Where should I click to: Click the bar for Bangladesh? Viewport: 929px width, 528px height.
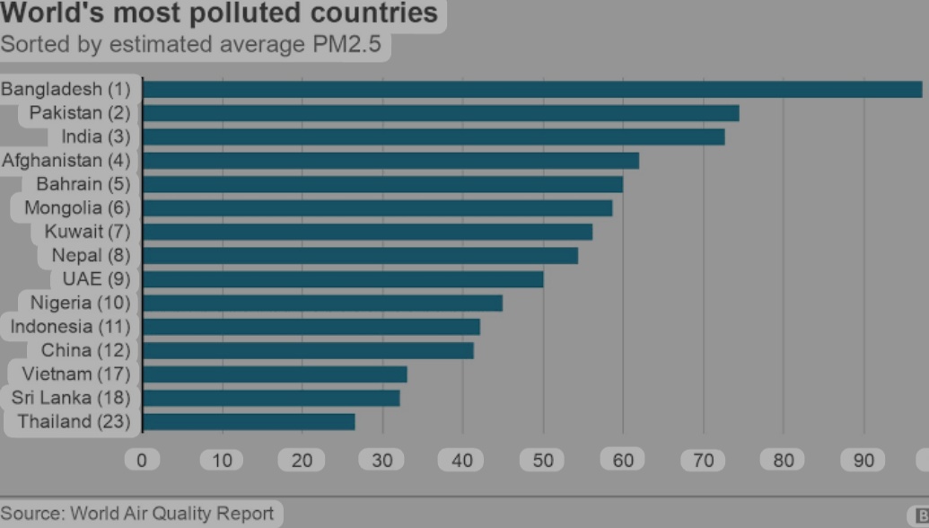(x=532, y=90)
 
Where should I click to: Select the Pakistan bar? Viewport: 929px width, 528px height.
(x=441, y=113)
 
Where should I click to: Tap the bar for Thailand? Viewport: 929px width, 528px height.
(x=249, y=422)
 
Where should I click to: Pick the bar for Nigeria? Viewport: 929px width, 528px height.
(x=323, y=303)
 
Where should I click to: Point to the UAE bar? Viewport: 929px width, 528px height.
(x=343, y=279)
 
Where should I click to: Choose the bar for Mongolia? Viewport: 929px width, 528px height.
(x=377, y=208)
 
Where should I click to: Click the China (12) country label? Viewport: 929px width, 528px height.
(x=85, y=350)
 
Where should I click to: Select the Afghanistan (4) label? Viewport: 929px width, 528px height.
(x=66, y=161)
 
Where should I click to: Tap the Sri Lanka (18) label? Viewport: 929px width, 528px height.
(x=71, y=398)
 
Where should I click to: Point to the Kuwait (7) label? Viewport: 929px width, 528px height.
(x=87, y=232)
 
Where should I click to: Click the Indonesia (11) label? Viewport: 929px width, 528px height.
(x=70, y=327)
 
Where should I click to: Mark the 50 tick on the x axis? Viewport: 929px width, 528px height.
(x=543, y=461)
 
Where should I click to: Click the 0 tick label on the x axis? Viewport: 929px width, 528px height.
(x=142, y=461)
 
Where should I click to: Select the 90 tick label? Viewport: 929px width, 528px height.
(x=863, y=461)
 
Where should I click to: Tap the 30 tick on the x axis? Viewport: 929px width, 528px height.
(x=382, y=461)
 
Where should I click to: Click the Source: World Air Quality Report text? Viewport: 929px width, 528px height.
(x=136, y=514)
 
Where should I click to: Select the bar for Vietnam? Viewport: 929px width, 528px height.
(x=275, y=374)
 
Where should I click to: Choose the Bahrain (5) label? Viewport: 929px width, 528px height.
(x=83, y=184)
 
